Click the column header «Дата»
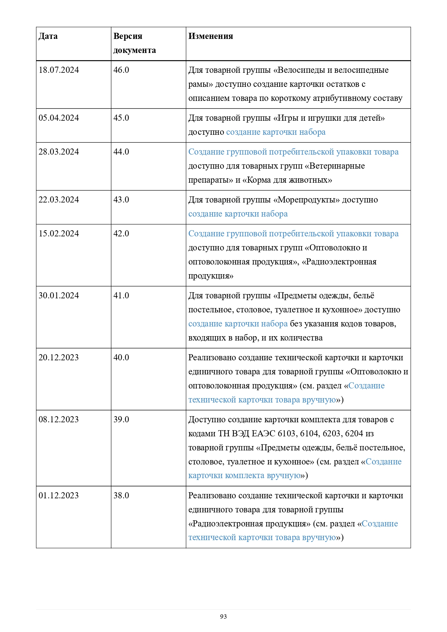pos(48,36)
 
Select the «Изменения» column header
pos(210,36)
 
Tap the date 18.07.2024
pos(59,70)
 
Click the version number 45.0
pos(121,118)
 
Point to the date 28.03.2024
pos(59,152)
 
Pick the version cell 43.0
pos(121,200)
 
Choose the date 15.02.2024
pos(59,233)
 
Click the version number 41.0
pos(121,295)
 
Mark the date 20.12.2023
pos(59,357)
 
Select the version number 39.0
pos(121,419)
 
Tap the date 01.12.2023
pos(59,495)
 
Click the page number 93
pos(223,617)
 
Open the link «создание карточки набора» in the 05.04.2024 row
pos(276,132)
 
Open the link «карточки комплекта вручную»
pos(244,476)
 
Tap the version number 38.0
pos(121,495)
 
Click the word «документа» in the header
pos(134,50)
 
